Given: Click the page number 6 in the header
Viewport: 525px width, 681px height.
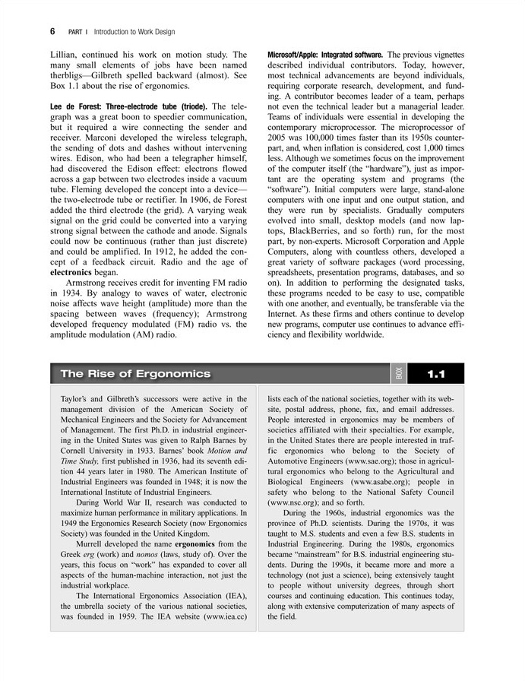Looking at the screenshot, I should point(53,31).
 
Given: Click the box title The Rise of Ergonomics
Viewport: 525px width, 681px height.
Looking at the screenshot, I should point(135,374).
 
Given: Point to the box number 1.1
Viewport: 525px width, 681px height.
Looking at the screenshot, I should point(435,374).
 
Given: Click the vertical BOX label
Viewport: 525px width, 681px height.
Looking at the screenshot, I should point(400,374).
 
